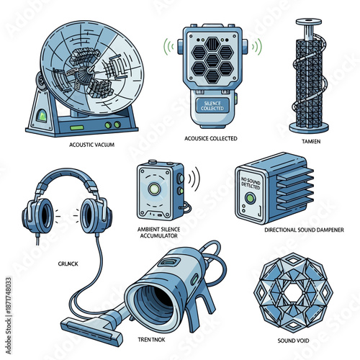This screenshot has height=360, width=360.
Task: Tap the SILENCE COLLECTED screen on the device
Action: click(213, 105)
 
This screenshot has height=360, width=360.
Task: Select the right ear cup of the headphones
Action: click(94, 215)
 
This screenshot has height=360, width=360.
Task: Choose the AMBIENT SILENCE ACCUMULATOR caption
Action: click(158, 233)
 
